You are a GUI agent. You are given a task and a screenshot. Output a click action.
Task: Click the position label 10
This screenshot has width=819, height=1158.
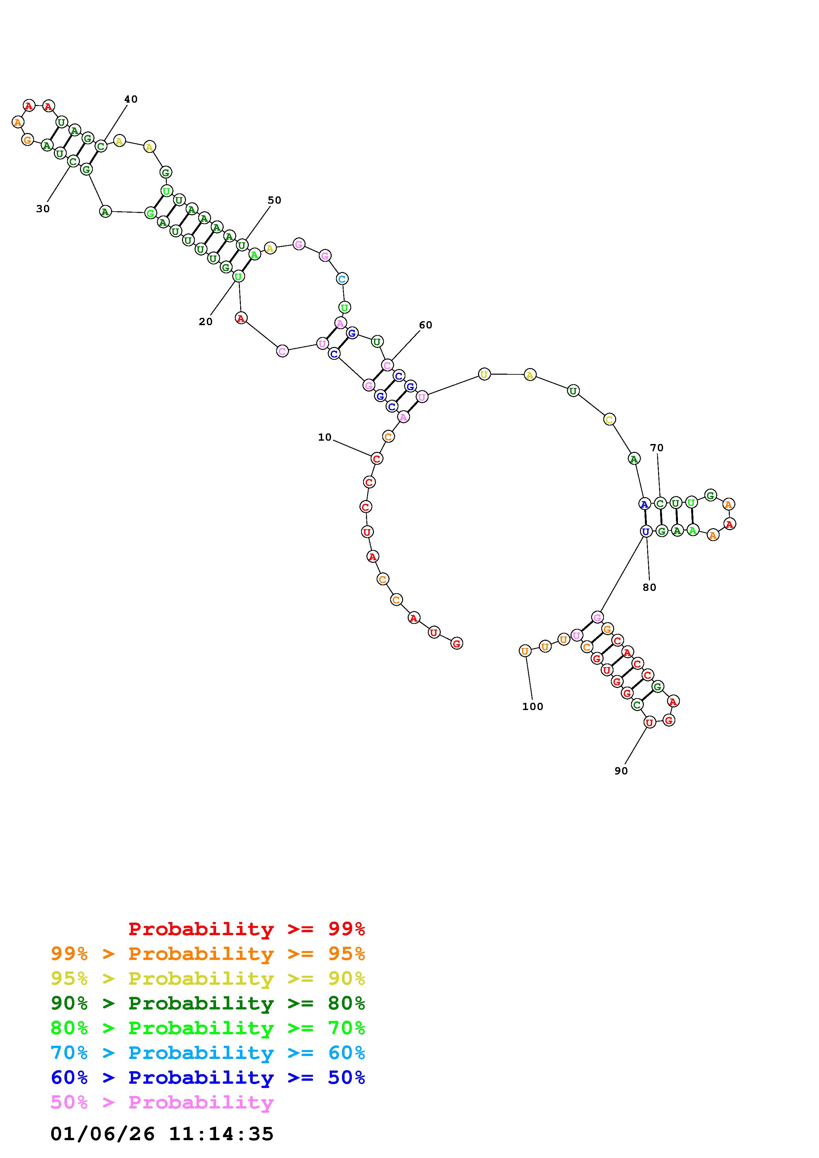[x=324, y=437]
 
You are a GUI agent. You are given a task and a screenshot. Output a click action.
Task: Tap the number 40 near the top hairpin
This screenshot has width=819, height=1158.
[x=131, y=99]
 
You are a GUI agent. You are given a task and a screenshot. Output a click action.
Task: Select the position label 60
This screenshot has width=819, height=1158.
[x=426, y=325]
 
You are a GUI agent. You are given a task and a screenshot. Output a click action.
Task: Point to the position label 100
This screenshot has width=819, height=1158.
[x=532, y=707]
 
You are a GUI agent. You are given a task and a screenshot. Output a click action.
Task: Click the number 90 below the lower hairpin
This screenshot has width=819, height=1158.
[x=621, y=771]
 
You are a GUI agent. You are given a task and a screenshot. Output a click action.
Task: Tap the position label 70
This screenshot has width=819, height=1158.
[x=656, y=448]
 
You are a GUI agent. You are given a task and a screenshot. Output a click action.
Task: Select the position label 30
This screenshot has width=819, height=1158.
[x=43, y=209]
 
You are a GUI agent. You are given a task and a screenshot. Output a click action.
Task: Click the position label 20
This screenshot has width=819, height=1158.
[x=205, y=322]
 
